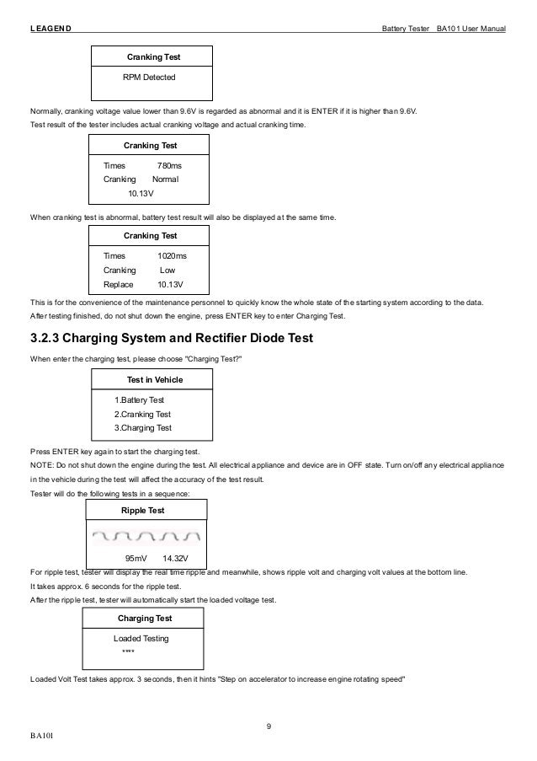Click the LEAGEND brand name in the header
coord(51,29)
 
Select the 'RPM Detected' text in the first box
coord(150,78)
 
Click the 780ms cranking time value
coord(169,166)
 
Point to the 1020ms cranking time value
coord(173,255)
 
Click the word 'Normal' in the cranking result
coord(165,180)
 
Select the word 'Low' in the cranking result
coord(167,270)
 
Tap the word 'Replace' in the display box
coord(118,284)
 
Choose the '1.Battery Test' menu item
coord(139,399)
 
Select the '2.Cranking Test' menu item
coord(142,414)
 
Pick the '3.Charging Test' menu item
coord(142,428)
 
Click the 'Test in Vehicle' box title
coord(154,379)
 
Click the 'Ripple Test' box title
coord(143,510)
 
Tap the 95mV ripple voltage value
coord(136,558)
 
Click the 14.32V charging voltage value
coord(175,558)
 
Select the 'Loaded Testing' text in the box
coord(141,638)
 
